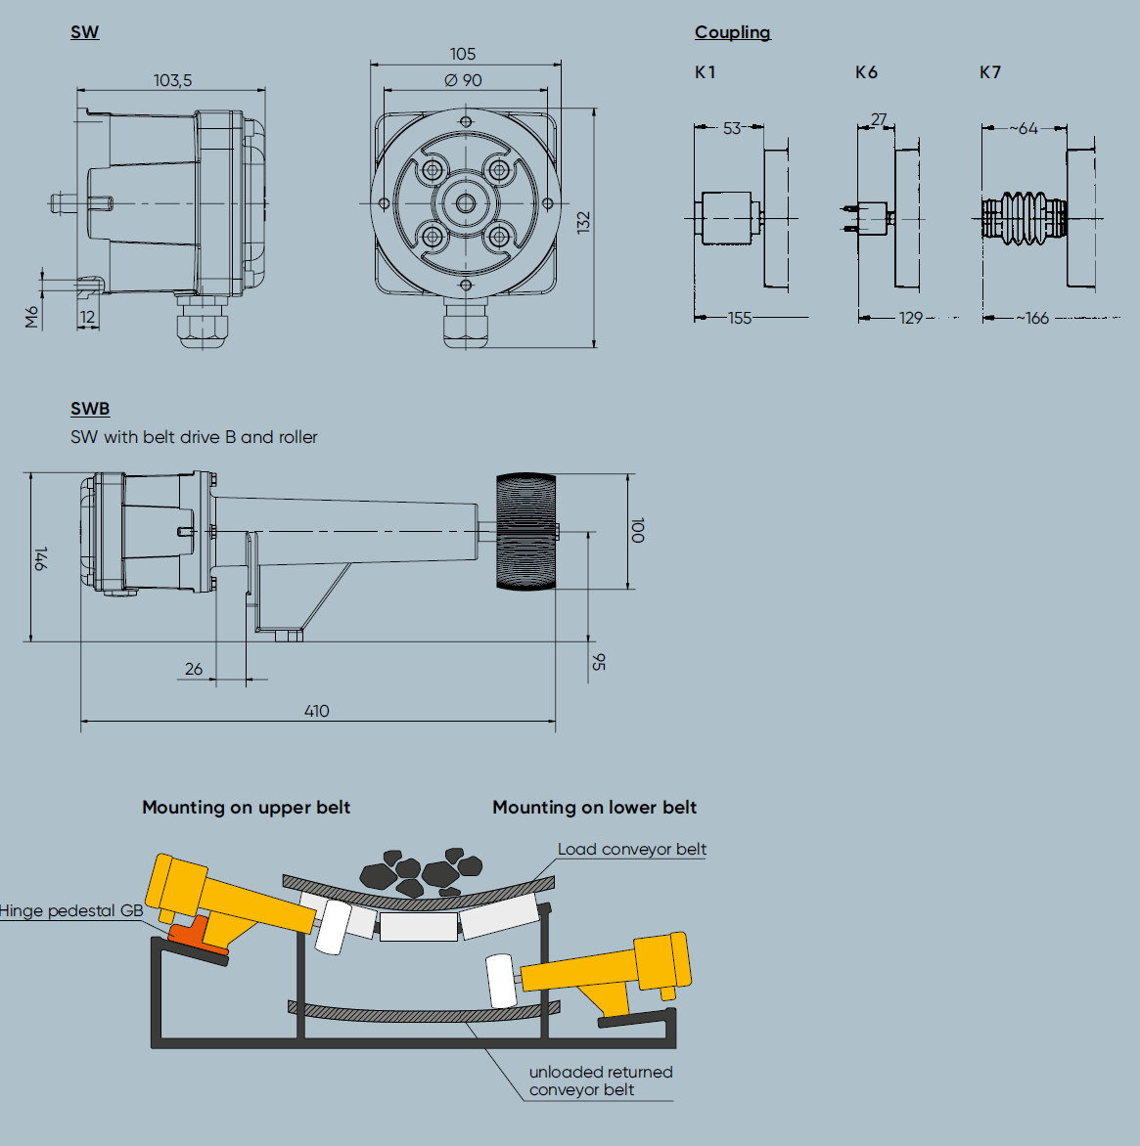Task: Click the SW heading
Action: tap(84, 32)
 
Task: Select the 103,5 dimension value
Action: tap(172, 80)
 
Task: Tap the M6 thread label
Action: tap(32, 316)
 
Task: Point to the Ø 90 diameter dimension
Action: tap(463, 80)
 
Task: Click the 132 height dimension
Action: tap(584, 222)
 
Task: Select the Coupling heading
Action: tap(732, 32)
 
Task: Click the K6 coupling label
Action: tap(866, 72)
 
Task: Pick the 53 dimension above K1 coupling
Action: tap(731, 128)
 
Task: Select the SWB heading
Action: tap(90, 409)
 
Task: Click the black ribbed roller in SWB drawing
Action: tap(525, 532)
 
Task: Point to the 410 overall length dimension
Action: tap(316, 711)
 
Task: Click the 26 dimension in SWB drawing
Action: tap(194, 669)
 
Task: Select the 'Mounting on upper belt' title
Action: tap(246, 808)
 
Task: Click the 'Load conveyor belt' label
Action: tap(631, 849)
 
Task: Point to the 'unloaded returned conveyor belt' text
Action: tap(600, 1080)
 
